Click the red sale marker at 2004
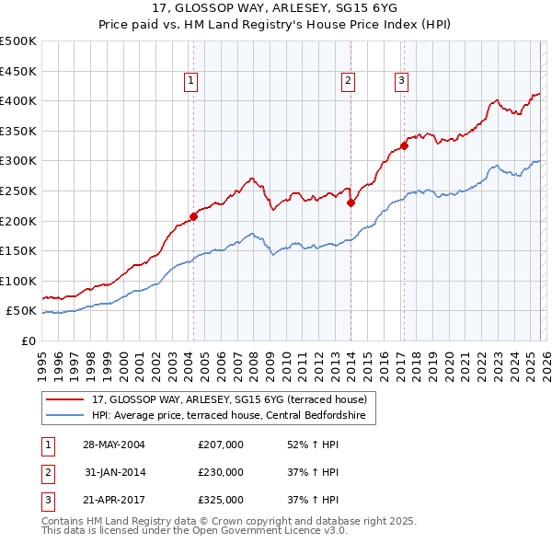click(194, 217)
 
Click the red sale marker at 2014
click(351, 203)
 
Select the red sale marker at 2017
click(404, 145)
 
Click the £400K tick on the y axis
click(18, 100)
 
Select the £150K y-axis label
click(18, 250)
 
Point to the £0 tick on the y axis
click(28, 341)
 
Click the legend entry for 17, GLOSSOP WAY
click(229, 399)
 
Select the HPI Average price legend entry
click(229, 416)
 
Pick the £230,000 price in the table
click(221, 472)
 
